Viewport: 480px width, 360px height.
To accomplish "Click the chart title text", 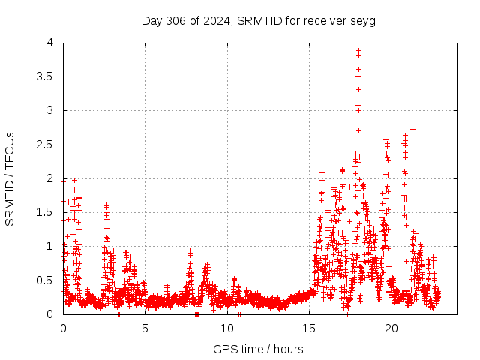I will click(x=258, y=20).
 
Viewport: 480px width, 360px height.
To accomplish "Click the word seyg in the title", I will click(x=363, y=20).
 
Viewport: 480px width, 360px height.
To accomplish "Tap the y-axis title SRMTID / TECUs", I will click(x=10, y=178).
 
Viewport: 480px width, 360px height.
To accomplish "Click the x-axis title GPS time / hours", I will click(x=258, y=349).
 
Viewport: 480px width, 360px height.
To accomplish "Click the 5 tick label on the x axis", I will click(x=145, y=328).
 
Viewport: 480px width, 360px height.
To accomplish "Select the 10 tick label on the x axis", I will click(x=227, y=328).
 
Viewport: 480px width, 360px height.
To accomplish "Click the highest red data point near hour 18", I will click(x=358, y=50).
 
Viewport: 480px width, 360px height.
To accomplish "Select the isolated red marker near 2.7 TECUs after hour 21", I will click(x=412, y=129).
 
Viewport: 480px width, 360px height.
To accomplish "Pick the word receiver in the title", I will click(x=325, y=20).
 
